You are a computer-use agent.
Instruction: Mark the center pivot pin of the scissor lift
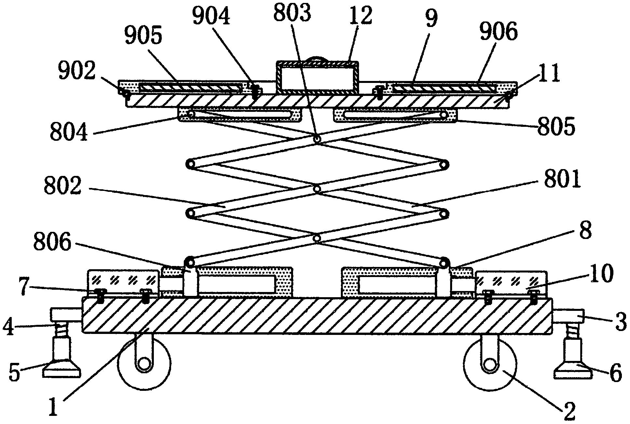tap(317, 189)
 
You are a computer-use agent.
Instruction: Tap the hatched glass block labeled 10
tap(511, 283)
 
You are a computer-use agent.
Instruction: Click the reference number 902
tap(76, 70)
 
